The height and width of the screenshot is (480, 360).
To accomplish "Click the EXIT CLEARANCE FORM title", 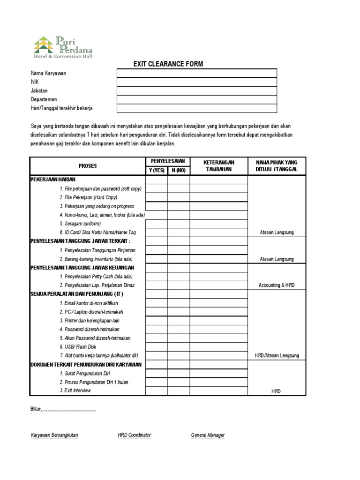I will (x=168, y=64).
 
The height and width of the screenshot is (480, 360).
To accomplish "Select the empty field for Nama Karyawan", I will (x=197, y=73).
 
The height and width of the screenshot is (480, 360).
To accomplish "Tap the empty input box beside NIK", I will (x=197, y=82).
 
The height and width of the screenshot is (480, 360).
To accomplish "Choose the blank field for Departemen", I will (x=197, y=99).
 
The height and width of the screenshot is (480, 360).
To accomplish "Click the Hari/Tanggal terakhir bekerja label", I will (x=61, y=108).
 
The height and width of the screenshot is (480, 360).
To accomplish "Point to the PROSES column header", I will (x=88, y=166).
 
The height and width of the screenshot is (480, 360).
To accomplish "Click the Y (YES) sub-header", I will (x=157, y=170).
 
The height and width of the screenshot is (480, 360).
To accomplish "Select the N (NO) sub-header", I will (x=179, y=170).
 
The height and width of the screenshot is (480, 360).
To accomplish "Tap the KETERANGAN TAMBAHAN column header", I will (x=218, y=166).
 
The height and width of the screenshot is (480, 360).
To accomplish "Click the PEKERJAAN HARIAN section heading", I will (x=52, y=180).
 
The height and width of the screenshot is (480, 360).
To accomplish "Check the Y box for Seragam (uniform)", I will (x=157, y=224).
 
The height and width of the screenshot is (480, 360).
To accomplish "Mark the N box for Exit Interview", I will (x=179, y=391).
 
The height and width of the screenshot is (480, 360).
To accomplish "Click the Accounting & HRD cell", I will (x=277, y=285).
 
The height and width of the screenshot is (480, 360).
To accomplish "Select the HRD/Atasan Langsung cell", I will (x=277, y=355).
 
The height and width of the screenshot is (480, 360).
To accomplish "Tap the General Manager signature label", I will (x=208, y=435).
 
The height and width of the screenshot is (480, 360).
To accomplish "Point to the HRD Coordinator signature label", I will (x=135, y=435).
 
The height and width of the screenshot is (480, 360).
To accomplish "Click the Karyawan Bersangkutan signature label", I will (x=54, y=435).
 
